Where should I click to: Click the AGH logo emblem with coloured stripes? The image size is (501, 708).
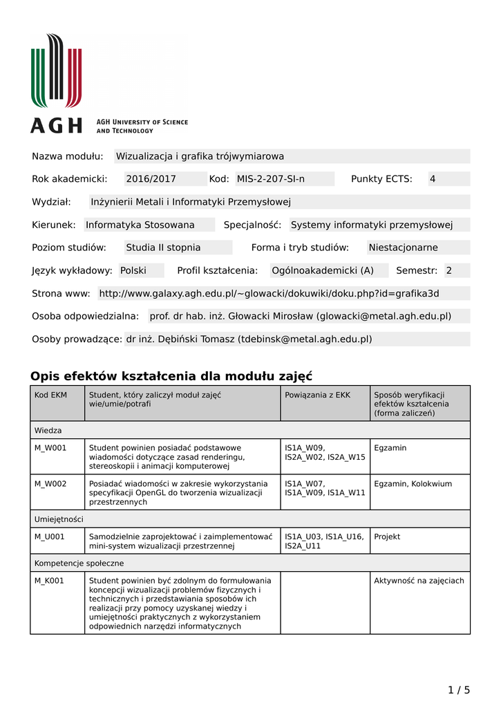[56, 71]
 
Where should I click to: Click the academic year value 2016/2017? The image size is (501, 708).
[151, 179]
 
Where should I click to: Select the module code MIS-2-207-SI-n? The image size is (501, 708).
[271, 179]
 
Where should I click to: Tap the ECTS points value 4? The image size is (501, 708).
[433, 179]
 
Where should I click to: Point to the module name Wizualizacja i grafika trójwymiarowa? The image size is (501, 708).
[200, 156]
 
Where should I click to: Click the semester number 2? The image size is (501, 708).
[448, 270]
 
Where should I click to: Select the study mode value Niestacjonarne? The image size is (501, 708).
[403, 248]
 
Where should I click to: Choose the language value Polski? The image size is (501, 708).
[133, 270]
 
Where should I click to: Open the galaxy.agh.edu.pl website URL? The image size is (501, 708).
[269, 293]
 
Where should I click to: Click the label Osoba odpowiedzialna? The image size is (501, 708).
[86, 316]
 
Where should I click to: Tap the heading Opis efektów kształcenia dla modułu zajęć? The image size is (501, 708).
[171, 376]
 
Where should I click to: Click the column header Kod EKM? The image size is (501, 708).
[51, 395]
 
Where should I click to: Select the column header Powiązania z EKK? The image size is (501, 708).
[317, 395]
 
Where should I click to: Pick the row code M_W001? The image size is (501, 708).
[51, 448]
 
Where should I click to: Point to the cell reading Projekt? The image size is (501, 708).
[387, 537]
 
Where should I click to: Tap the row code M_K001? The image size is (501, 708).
[50, 581]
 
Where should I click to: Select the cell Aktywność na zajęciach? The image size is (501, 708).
[419, 581]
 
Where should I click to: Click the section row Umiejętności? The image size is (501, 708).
[59, 519]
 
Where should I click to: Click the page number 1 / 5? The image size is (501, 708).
[459, 689]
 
